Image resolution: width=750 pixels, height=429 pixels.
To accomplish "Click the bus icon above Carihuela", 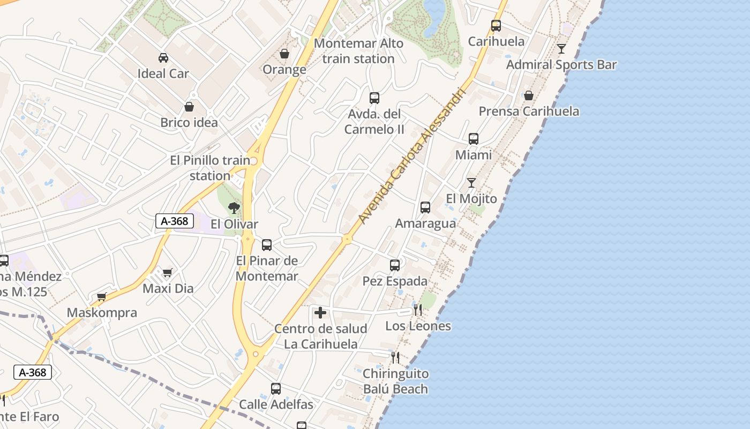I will coord(496,25).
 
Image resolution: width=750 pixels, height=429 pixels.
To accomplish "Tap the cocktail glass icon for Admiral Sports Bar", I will coord(561,49).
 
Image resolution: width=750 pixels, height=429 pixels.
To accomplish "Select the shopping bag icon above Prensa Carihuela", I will coord(529,95).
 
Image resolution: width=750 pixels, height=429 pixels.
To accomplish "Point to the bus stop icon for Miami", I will coord(474,139).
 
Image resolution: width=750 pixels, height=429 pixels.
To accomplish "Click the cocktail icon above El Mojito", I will coord(471,183).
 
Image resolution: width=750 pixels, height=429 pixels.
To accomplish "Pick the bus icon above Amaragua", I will coord(425,208).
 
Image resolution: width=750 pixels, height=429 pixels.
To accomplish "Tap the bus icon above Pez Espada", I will coord(395,265).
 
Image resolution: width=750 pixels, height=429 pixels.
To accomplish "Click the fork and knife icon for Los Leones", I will coord(418,309).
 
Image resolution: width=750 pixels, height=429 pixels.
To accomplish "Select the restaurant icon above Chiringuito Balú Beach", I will coord(395,357).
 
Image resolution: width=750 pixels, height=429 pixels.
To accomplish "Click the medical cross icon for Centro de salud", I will coord(320,312).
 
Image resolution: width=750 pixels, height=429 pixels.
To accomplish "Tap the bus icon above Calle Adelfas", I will coord(276,389).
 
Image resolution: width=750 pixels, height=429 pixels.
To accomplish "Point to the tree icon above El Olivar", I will coord(234,208).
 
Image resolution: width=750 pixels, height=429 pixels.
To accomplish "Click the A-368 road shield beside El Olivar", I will coord(175,221).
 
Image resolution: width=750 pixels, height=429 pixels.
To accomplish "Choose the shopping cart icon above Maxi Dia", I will coord(168,272).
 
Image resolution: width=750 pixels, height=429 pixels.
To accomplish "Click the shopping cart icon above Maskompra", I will coord(102,297).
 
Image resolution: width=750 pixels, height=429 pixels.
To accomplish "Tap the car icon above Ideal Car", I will coord(163,57).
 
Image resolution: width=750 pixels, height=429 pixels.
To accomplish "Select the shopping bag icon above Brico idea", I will coord(189,107).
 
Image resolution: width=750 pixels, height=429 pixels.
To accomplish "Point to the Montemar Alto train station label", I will coord(358,51).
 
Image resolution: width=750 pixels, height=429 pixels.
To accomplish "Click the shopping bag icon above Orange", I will coord(284,54).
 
